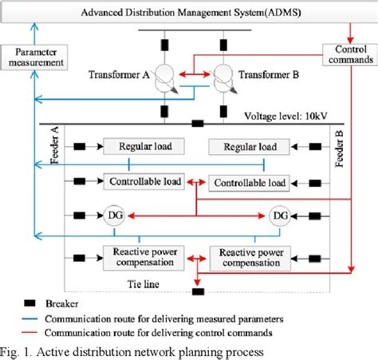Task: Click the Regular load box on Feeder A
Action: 144,147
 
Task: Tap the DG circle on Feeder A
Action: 111,216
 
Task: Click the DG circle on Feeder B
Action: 280,216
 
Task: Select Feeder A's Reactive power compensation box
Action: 144,256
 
